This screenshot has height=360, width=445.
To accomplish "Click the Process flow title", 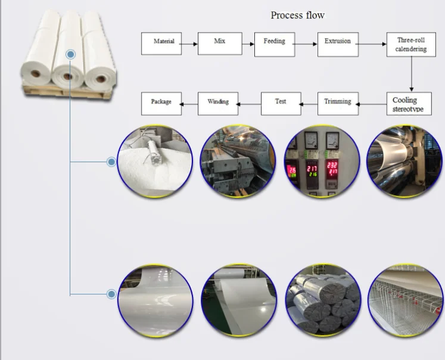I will [298, 15].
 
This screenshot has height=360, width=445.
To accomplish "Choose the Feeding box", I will [274, 43].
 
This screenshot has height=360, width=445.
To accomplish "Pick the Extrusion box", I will [338, 43].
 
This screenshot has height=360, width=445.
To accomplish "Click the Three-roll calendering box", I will [411, 44].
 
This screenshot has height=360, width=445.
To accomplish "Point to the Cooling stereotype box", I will [411, 104].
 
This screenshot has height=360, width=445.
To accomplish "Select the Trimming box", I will [338, 103].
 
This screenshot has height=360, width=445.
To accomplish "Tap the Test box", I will [280, 103].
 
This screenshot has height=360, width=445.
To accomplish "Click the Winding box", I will [218, 103].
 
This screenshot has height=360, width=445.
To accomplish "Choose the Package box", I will [161, 103].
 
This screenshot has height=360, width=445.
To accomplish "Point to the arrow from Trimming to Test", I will [308, 103].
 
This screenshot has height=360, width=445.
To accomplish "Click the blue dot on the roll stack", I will [71, 54].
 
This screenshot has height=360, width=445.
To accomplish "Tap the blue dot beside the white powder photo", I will [111, 162].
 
